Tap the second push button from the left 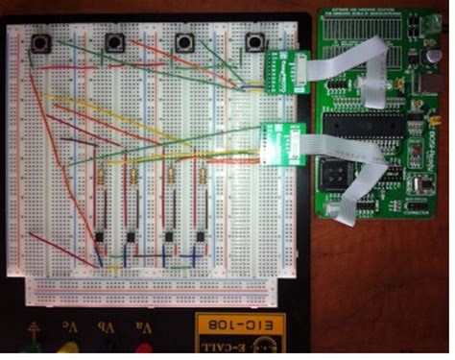[x=116, y=42]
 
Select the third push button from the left [x=185, y=42]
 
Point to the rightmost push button [x=255, y=42]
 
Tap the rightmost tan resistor [x=204, y=178]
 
